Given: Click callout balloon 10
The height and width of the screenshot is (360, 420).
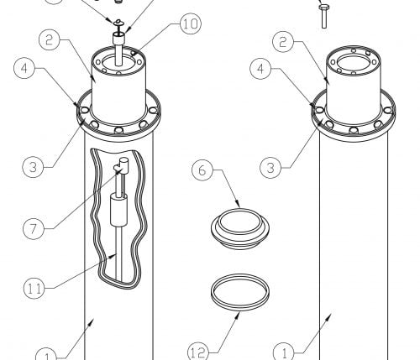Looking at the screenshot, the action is [x=191, y=23].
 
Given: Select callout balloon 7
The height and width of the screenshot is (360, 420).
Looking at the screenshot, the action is [x=34, y=228].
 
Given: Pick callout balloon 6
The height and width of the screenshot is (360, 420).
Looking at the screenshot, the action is [x=202, y=170].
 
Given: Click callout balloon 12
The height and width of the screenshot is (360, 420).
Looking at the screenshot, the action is [x=198, y=353].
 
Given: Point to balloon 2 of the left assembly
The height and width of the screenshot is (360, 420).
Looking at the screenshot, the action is [x=50, y=39].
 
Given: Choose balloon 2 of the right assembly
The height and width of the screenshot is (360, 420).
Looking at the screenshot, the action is [x=283, y=42].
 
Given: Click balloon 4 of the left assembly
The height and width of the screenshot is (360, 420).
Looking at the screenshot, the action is [x=24, y=68].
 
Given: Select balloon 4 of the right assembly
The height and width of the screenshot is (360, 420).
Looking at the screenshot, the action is [x=260, y=69].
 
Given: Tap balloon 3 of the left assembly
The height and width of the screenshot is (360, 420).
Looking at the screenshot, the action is [x=33, y=167].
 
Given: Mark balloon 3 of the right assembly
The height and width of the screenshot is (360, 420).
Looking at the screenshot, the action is [x=270, y=168].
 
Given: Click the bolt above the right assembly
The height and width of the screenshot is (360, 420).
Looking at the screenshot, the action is [x=324, y=16].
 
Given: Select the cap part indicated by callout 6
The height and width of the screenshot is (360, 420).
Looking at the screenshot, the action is [x=240, y=228].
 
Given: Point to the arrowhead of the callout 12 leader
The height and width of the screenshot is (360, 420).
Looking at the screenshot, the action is [x=238, y=316].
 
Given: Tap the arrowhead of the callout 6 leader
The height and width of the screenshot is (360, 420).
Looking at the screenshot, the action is [x=238, y=205].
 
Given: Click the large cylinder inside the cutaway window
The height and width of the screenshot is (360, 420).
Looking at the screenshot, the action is [x=118, y=210].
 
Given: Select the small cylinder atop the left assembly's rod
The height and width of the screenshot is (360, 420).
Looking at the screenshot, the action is [x=118, y=38].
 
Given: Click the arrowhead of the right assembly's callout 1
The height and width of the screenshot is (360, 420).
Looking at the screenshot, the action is [x=329, y=316].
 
